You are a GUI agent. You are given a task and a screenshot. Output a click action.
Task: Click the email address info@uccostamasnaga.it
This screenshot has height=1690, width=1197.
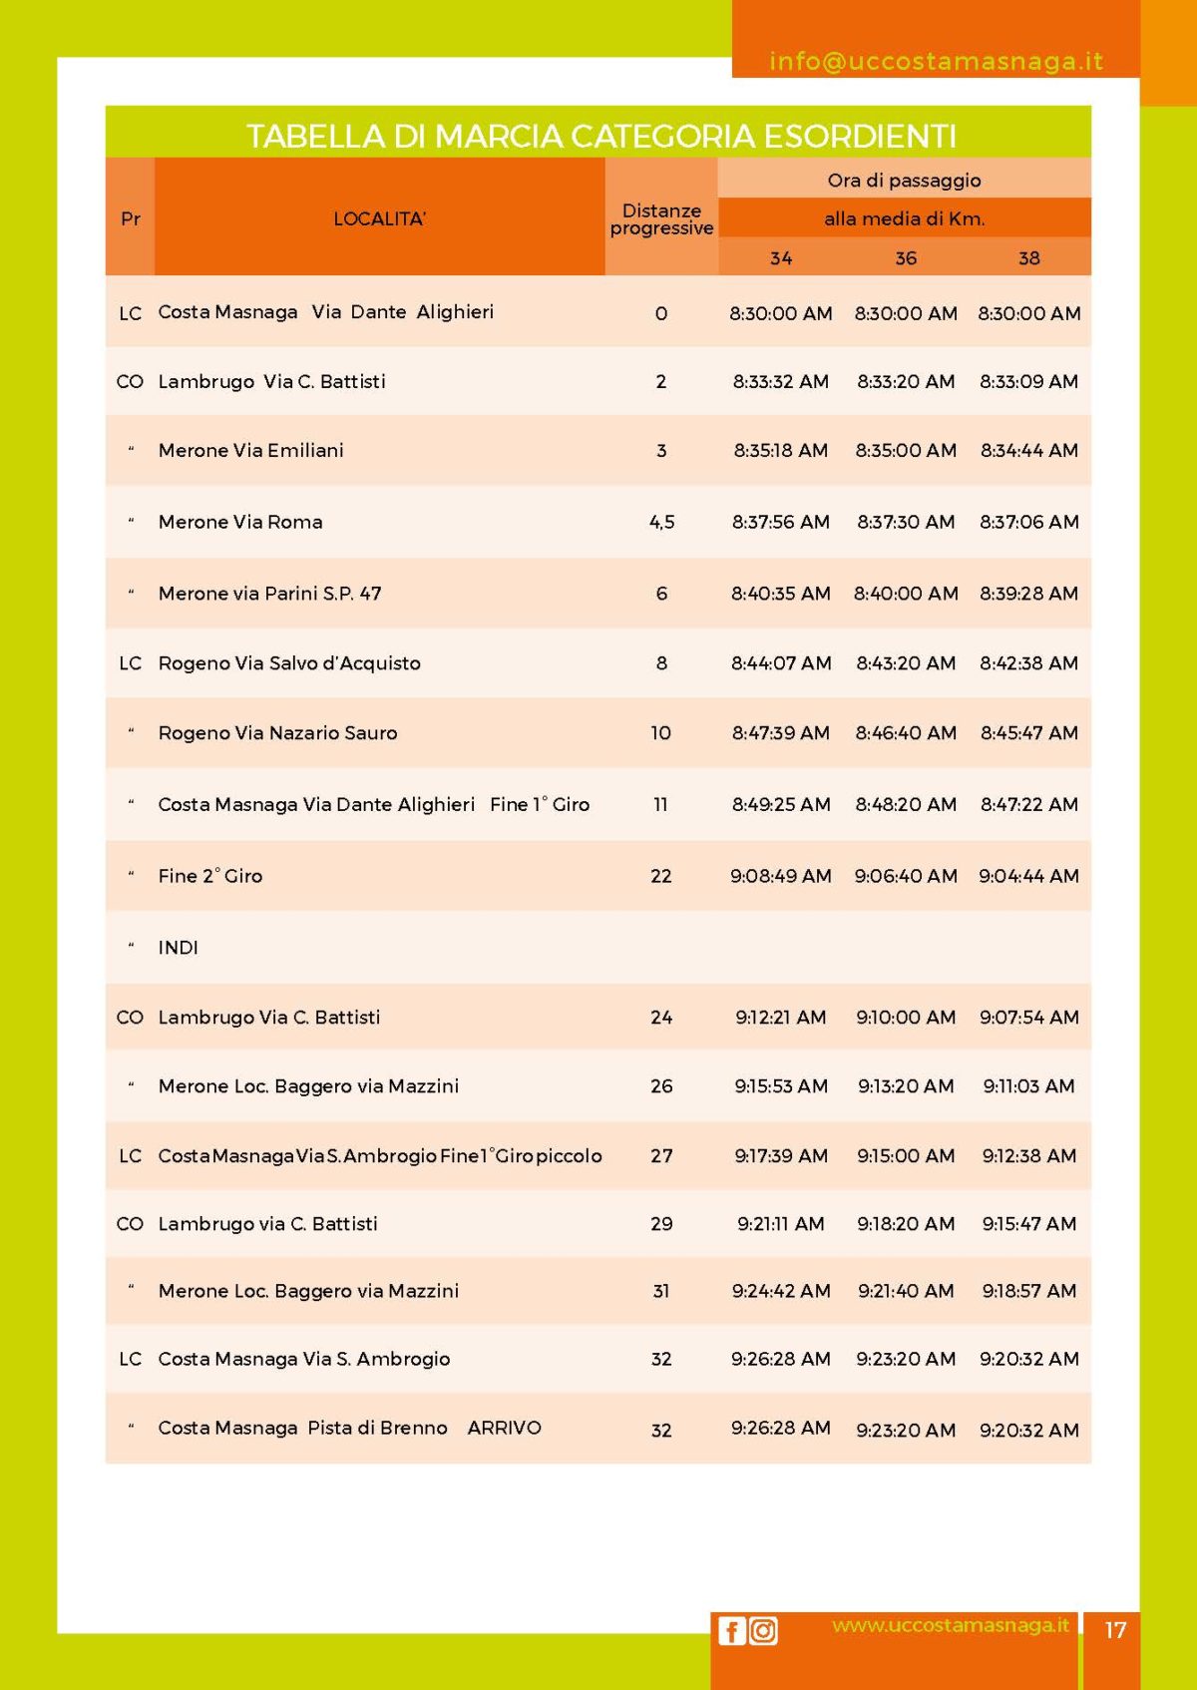(x=936, y=61)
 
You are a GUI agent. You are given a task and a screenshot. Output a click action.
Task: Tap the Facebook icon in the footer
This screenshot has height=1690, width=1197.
(x=731, y=1630)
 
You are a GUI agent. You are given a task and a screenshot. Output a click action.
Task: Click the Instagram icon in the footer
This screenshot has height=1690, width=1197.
(x=763, y=1630)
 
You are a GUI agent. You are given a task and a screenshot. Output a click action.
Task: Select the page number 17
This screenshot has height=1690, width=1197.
(x=1115, y=1630)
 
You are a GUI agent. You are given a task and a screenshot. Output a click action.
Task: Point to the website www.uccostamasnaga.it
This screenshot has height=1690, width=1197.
(x=950, y=1625)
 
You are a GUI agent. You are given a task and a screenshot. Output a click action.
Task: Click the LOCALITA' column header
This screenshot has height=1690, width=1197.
(x=379, y=218)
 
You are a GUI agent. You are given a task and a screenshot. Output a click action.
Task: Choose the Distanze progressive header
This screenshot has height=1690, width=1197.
(x=661, y=218)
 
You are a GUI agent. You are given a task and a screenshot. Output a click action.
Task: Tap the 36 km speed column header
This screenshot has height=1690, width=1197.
(x=905, y=258)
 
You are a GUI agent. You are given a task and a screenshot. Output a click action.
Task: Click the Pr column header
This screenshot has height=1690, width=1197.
(x=130, y=218)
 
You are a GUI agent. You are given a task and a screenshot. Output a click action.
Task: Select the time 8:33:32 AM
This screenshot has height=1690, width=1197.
(x=780, y=381)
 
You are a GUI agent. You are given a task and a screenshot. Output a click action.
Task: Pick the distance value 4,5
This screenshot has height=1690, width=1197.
(x=661, y=522)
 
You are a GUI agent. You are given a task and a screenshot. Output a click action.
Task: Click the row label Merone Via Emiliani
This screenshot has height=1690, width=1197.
(x=250, y=450)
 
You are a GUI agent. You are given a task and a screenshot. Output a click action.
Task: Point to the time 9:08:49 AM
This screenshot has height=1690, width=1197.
(x=780, y=876)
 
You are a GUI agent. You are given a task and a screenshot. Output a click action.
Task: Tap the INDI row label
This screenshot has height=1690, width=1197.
(x=178, y=948)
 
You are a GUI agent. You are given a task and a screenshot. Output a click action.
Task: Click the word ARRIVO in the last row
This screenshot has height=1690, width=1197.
(x=504, y=1428)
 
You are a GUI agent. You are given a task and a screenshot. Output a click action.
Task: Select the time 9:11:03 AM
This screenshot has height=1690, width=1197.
(x=1028, y=1085)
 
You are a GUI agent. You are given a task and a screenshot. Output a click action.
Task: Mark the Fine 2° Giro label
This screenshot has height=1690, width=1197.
(x=209, y=876)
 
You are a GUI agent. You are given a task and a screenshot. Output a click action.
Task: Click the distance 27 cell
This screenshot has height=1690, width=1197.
(x=661, y=1155)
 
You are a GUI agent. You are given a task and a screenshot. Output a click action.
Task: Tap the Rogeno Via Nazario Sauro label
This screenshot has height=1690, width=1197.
(x=277, y=733)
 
